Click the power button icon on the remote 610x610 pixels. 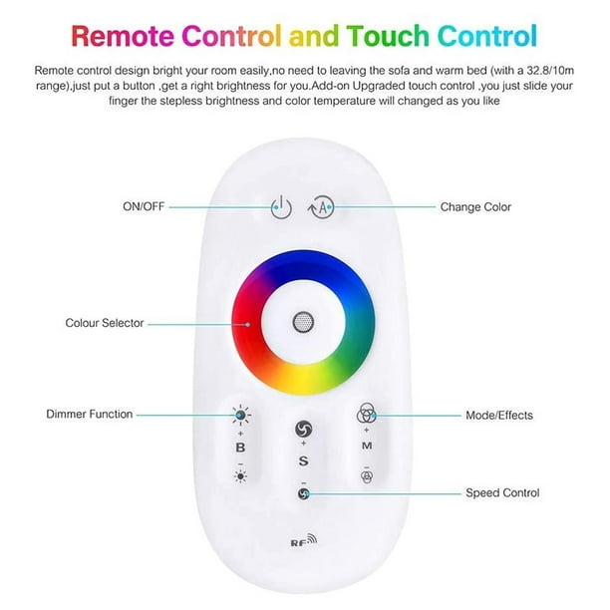point(281,207)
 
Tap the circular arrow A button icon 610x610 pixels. point(321,207)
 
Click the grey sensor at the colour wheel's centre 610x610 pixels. point(303,322)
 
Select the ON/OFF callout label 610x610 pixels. point(144,206)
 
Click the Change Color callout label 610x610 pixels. point(475,207)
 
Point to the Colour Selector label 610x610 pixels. point(105,323)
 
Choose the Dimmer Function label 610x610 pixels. point(90,414)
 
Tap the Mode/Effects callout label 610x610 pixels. point(499,415)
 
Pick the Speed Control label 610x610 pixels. point(502,493)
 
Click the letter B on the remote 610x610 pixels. point(240,448)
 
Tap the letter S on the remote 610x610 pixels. point(303,461)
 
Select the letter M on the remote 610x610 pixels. point(367,446)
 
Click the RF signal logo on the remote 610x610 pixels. point(304,540)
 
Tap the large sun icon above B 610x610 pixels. point(241,416)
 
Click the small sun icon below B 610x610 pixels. point(240,476)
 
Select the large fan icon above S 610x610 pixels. point(303,430)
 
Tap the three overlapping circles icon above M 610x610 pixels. point(366,414)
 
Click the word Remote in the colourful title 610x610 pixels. point(123,36)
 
